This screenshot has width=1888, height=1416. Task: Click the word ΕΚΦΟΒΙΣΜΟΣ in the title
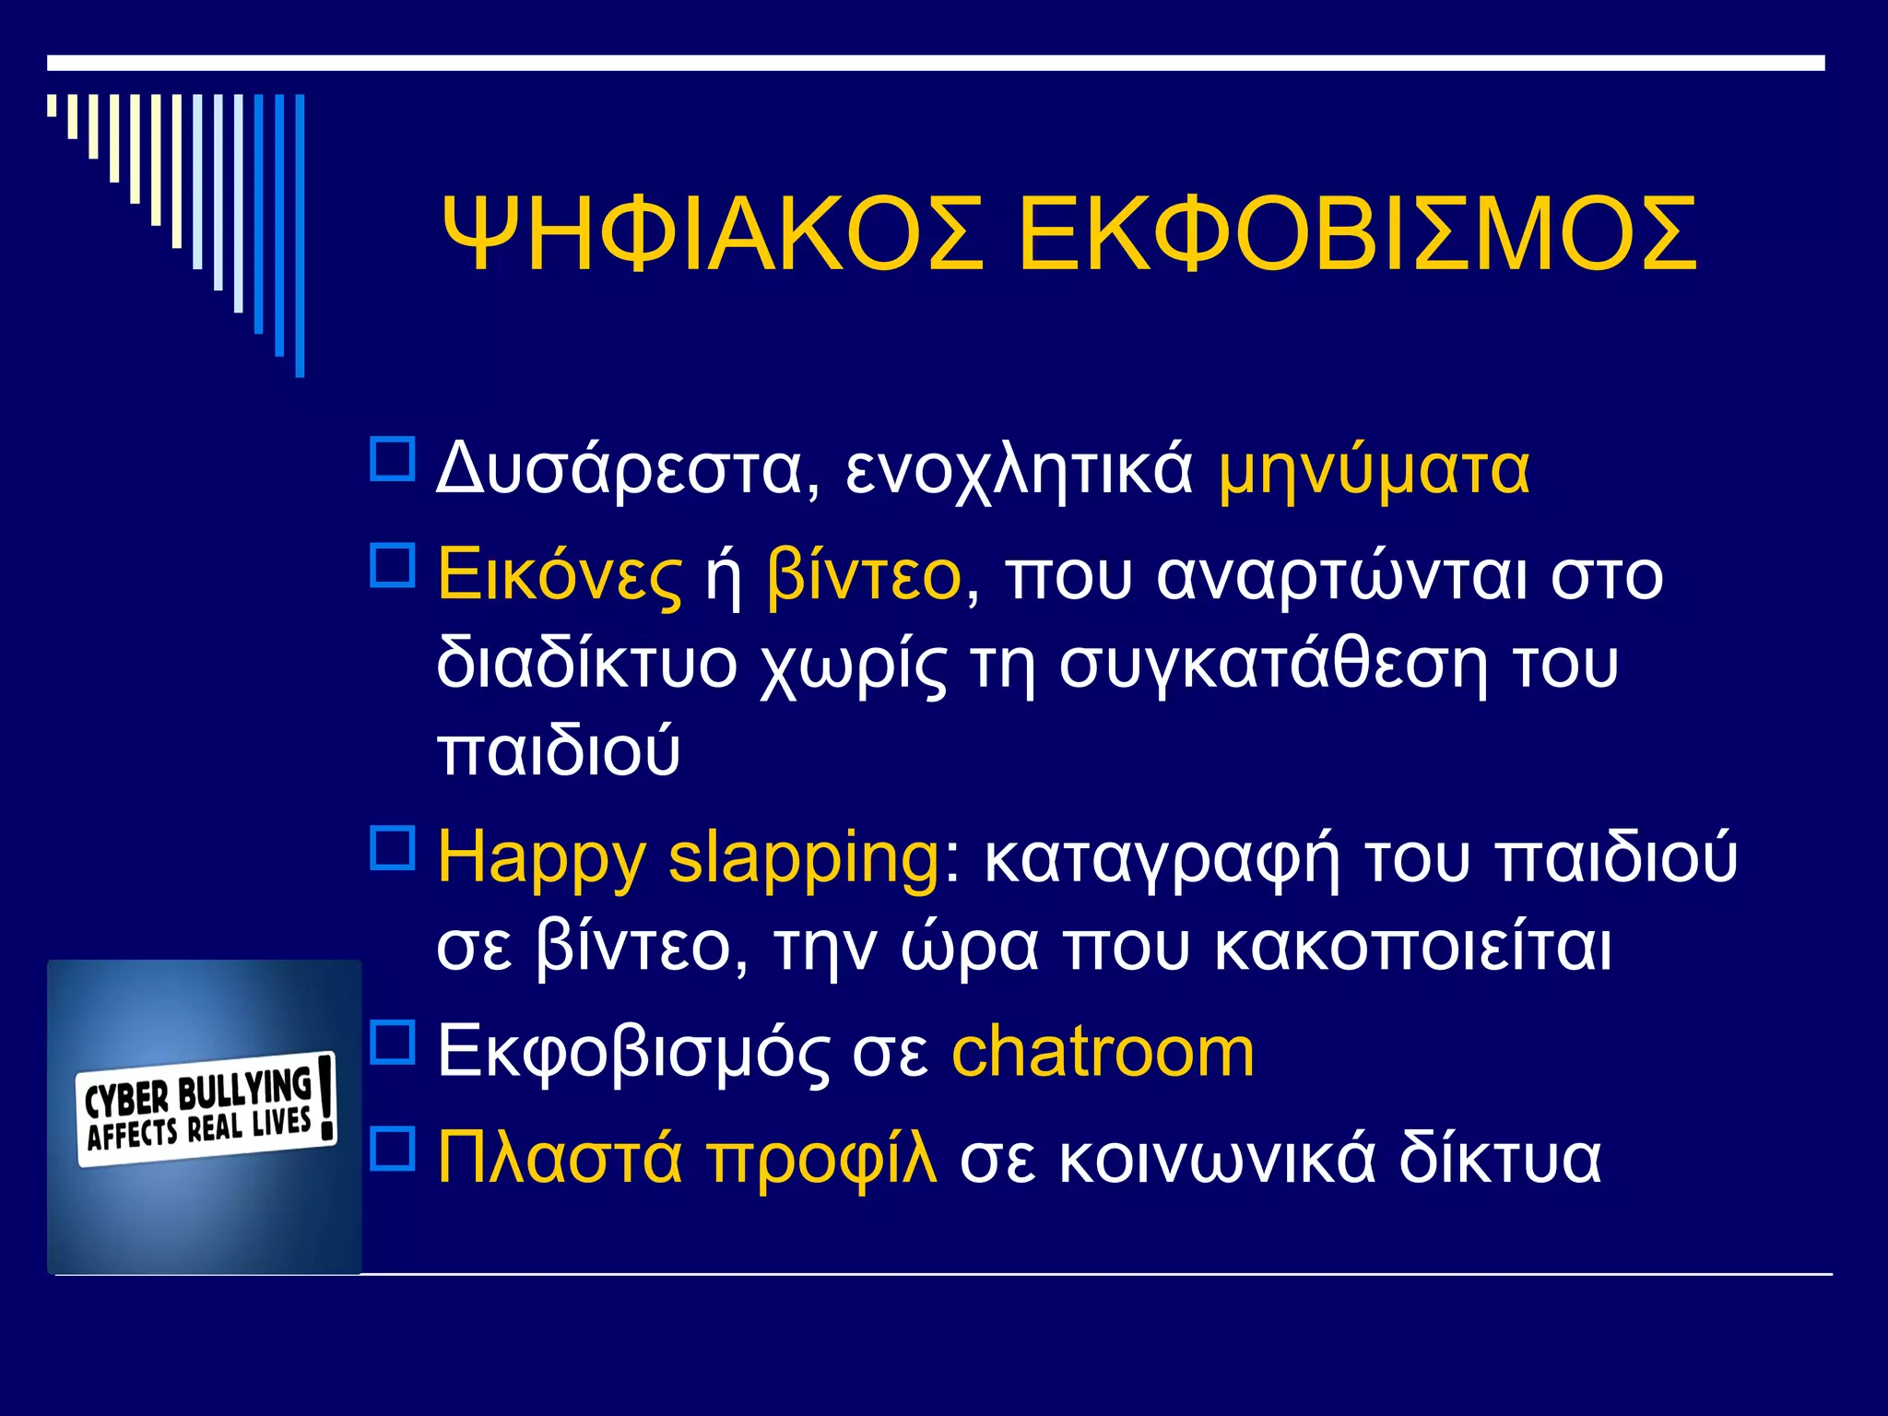point(1356,235)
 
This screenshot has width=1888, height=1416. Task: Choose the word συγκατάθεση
point(1272,664)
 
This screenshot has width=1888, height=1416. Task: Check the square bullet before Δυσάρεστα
point(393,458)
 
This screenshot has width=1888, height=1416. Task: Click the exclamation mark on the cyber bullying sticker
point(325,1097)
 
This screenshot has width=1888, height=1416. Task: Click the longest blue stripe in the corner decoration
point(300,235)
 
